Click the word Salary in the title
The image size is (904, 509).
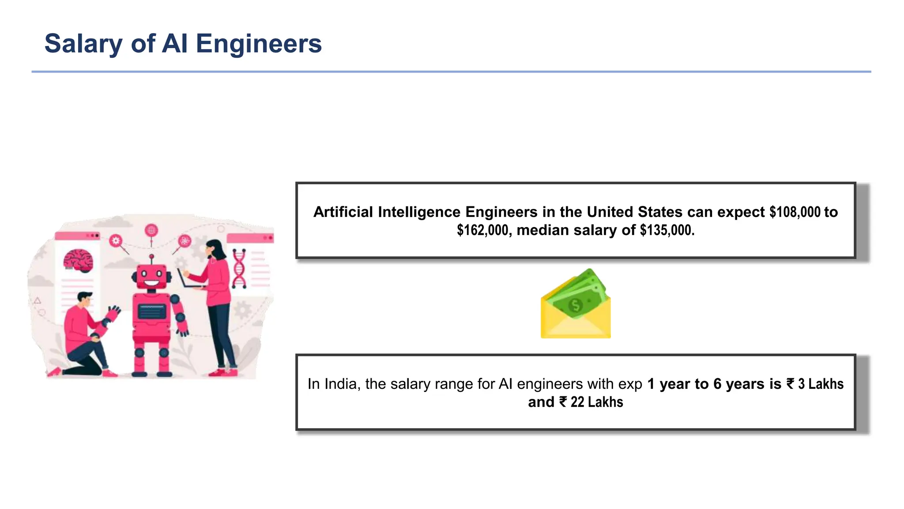tap(83, 44)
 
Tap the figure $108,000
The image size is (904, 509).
tap(795, 212)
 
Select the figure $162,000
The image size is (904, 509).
tap(484, 230)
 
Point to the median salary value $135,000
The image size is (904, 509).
tap(667, 230)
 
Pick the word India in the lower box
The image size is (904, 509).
tap(340, 384)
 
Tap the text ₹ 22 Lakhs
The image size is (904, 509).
tap(591, 402)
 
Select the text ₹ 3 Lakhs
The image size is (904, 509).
tap(815, 384)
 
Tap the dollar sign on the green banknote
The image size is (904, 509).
tap(575, 304)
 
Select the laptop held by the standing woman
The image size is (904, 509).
tap(188, 279)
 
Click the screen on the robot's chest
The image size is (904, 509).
tap(151, 311)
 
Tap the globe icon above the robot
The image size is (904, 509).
tap(151, 230)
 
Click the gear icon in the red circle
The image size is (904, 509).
tap(116, 240)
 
